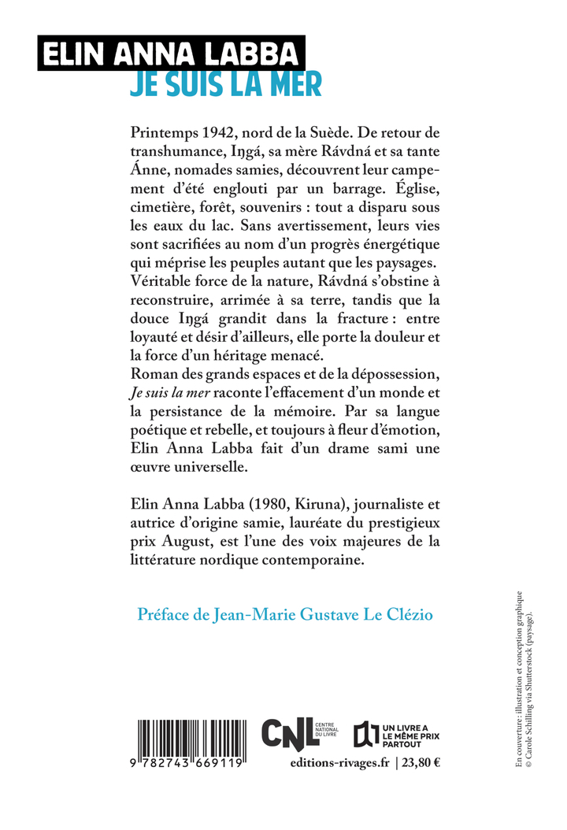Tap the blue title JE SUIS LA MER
(x=225, y=83)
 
